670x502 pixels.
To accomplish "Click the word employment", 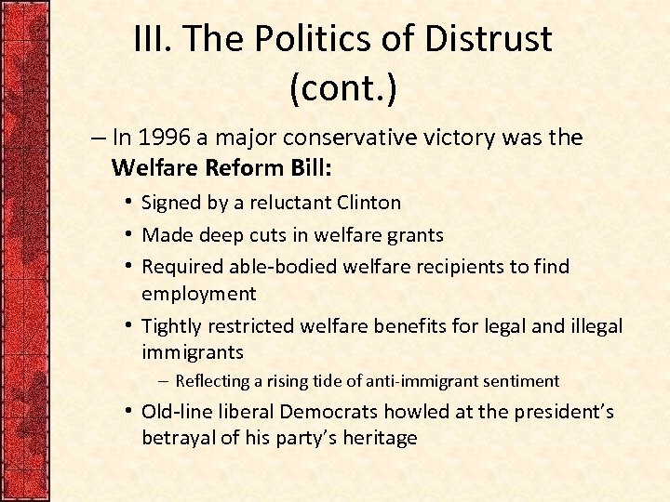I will (198, 294).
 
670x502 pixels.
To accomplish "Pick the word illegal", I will (592, 325).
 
